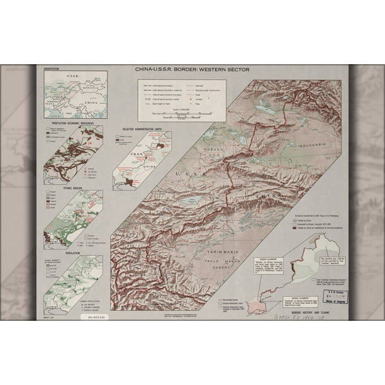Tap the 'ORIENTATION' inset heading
[53, 69]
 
